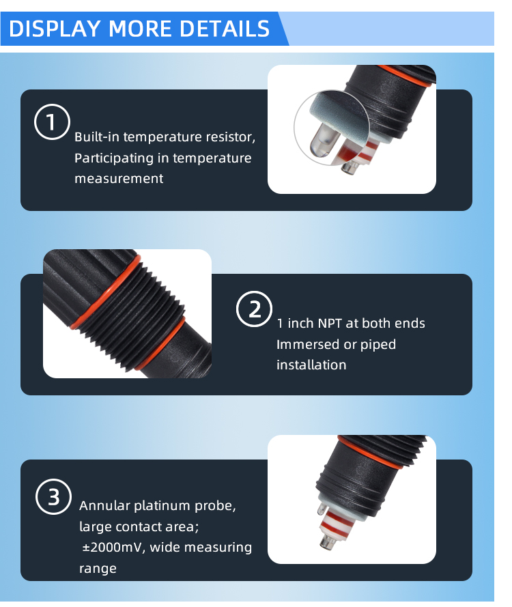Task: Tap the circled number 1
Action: tap(52, 123)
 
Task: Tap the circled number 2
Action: tap(254, 309)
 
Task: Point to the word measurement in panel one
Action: tap(119, 179)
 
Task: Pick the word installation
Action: tap(311, 365)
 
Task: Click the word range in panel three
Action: tap(98, 568)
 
